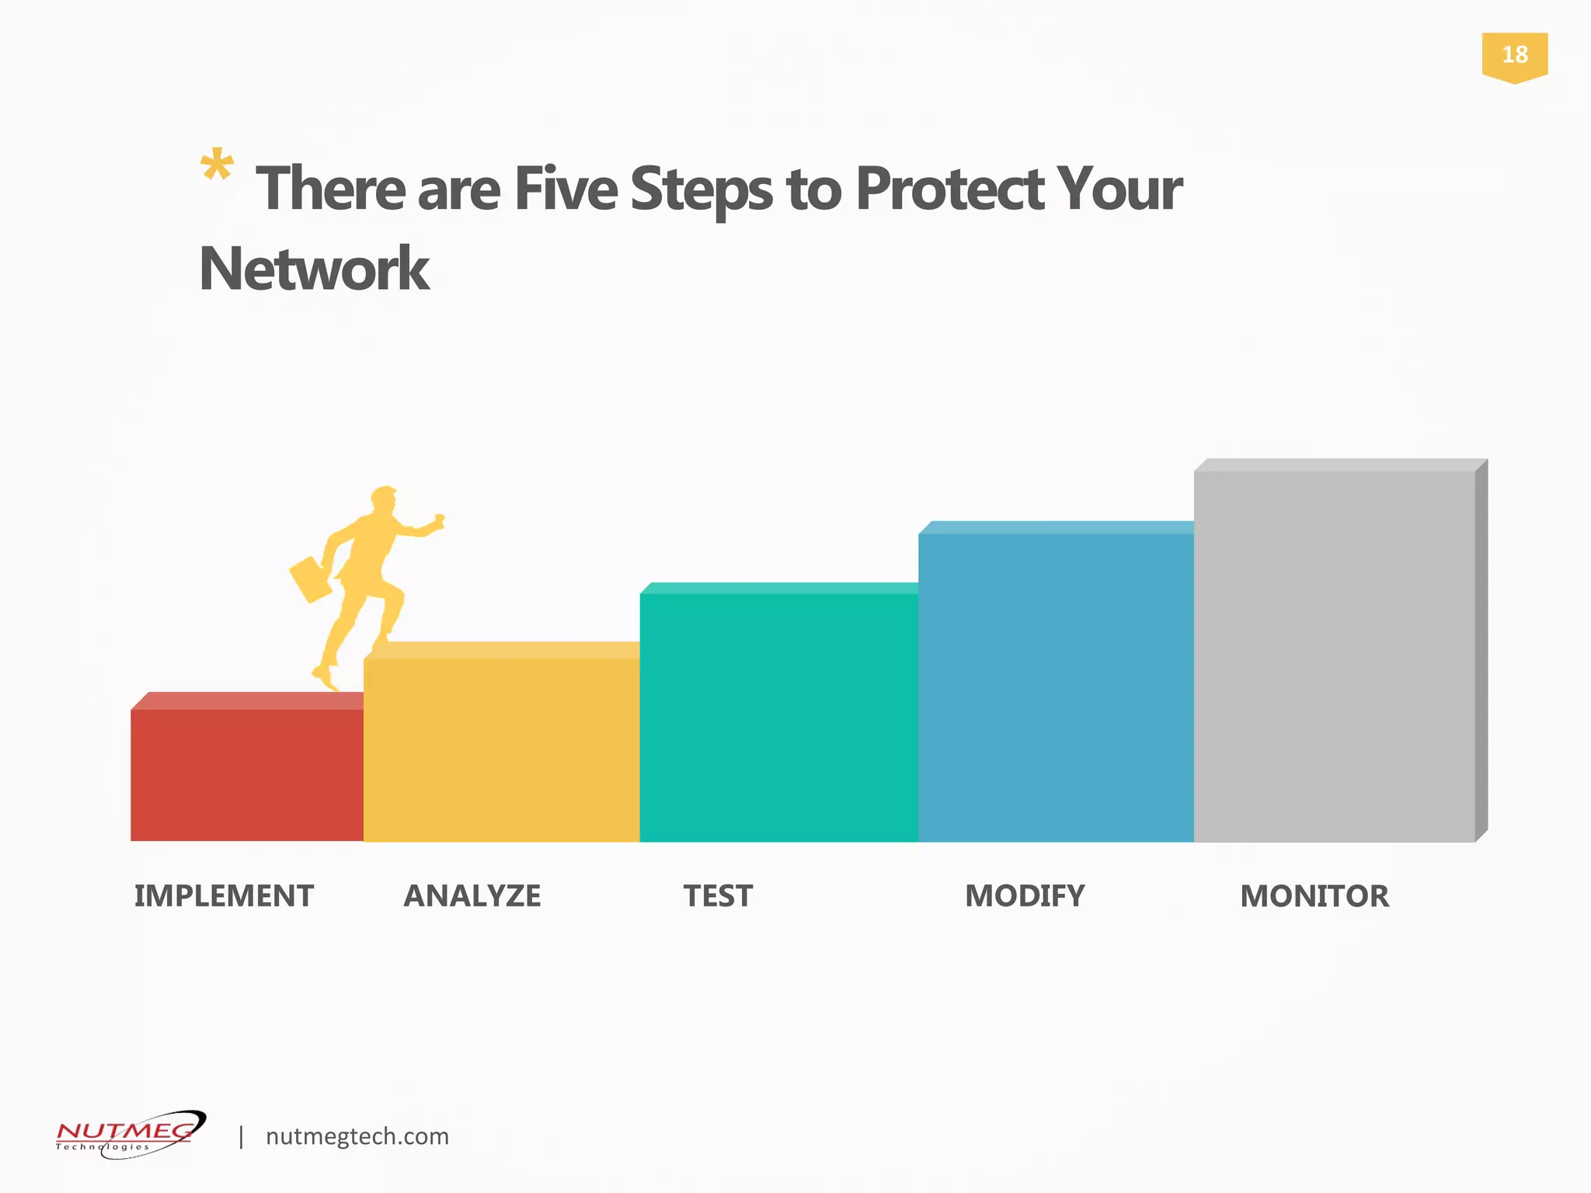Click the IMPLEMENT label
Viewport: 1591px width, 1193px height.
[x=224, y=896]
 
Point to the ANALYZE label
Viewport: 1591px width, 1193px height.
[x=472, y=896]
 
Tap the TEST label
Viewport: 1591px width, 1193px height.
[x=718, y=896]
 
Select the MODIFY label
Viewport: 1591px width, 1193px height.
[x=1025, y=896]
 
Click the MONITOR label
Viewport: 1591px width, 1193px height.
[x=1314, y=896]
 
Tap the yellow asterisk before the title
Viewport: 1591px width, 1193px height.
[x=217, y=166]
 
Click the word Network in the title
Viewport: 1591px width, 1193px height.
[x=315, y=269]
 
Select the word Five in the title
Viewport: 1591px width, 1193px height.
[x=565, y=189]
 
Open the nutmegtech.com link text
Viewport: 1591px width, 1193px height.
[x=357, y=1136]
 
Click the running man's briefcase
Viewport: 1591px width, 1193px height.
[x=311, y=579]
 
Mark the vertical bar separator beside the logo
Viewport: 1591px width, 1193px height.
[x=242, y=1136]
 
